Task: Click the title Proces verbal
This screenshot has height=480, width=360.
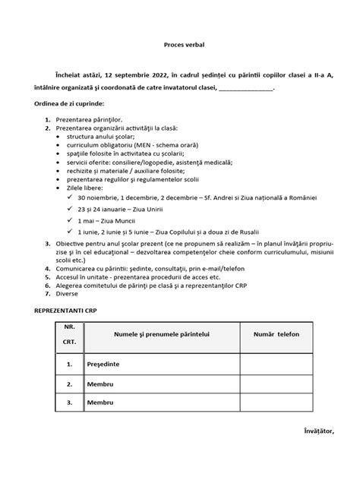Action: tap(180, 45)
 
